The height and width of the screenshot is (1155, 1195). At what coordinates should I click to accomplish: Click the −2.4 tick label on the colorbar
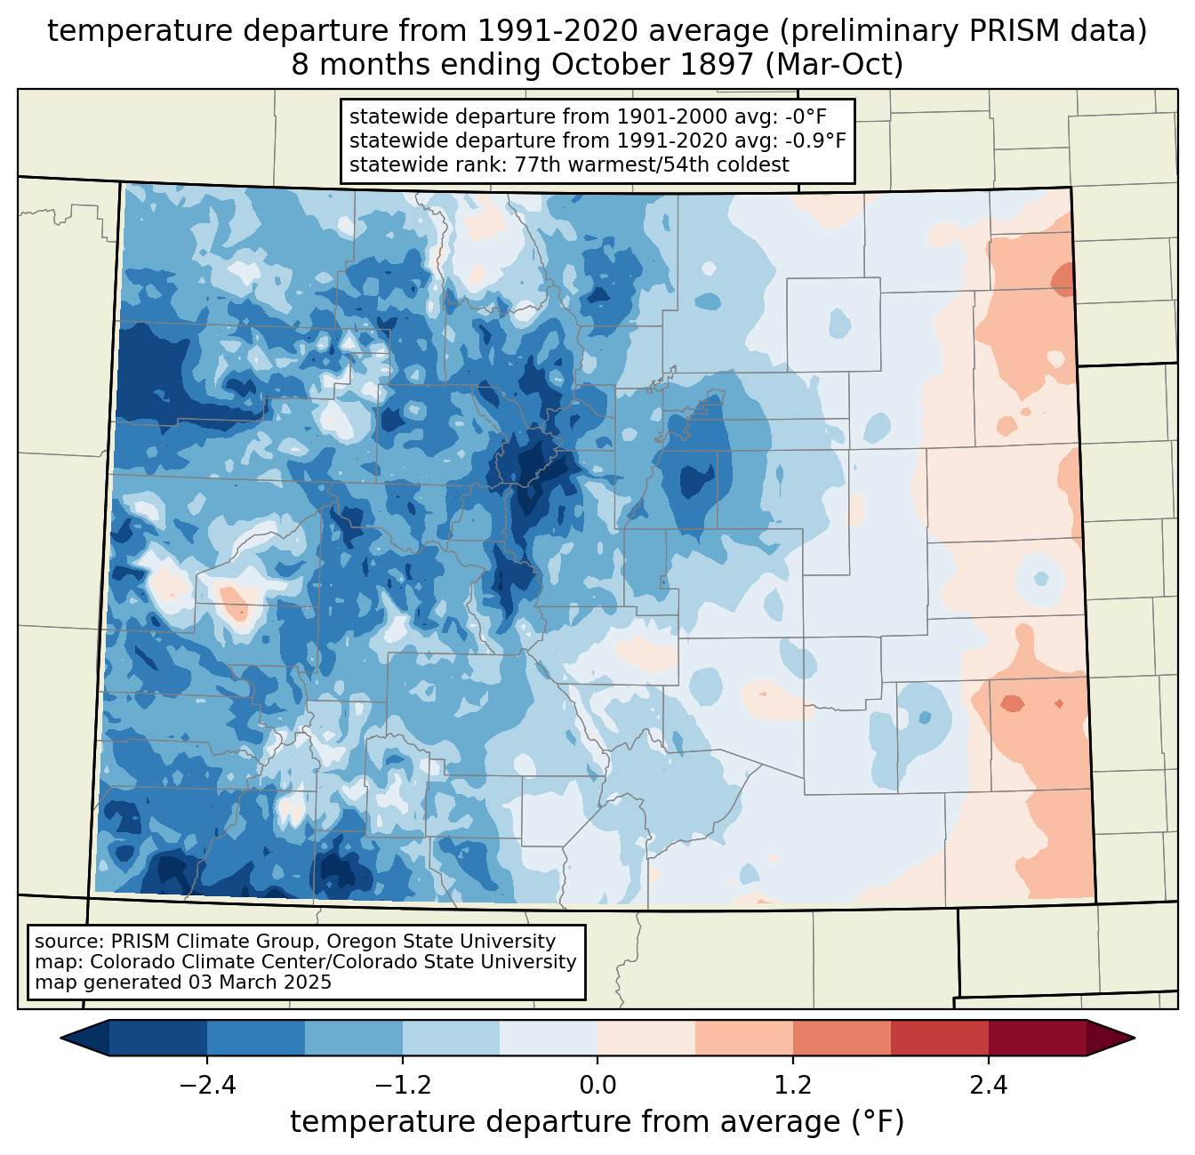tap(207, 1086)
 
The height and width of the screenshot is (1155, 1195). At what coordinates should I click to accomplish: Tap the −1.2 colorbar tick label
tap(403, 1086)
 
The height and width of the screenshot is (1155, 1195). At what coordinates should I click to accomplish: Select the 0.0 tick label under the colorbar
tap(597, 1086)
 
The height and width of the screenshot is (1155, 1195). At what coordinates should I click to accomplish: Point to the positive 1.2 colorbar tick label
tap(793, 1086)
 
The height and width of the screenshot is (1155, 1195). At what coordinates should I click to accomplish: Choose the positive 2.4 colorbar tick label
tap(989, 1086)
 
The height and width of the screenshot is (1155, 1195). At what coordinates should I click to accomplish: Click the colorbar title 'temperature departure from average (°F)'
tap(597, 1122)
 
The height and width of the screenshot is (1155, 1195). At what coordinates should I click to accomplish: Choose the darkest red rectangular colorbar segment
tap(1037, 1038)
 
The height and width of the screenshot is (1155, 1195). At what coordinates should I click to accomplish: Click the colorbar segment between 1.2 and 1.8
tap(841, 1038)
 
